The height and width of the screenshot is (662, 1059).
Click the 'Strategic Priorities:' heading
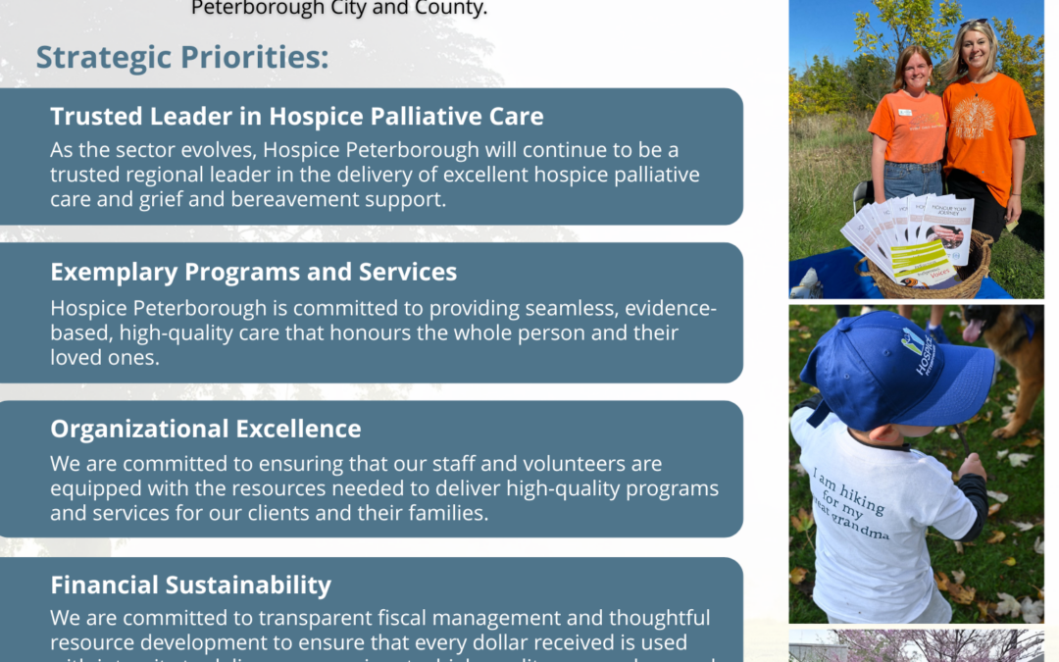[182, 57]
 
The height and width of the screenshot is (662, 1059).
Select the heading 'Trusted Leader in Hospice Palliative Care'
[296, 117]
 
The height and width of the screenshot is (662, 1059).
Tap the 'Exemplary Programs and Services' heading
[253, 271]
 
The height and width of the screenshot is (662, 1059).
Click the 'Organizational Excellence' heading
[206, 429]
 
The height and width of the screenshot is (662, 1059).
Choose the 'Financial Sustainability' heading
[191, 586]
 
